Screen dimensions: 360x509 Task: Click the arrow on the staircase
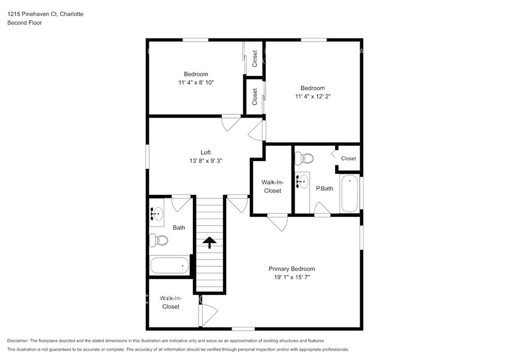[x=209, y=243]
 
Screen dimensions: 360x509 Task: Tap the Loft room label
[x=206, y=152]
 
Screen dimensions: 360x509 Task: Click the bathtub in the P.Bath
[x=349, y=194]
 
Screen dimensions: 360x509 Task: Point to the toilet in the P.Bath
[x=304, y=159]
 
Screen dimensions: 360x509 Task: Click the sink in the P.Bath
[x=302, y=182]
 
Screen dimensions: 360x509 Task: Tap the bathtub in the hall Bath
[x=170, y=266]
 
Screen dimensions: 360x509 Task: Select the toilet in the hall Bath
[x=158, y=241]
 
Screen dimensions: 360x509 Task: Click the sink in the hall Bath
[x=157, y=214]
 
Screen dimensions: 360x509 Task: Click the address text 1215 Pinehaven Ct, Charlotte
[x=45, y=13]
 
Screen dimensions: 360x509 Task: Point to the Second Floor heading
[x=23, y=23]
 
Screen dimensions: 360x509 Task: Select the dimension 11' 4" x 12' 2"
[x=313, y=96]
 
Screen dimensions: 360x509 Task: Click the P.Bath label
[x=324, y=189]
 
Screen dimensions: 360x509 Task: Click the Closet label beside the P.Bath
[x=349, y=159]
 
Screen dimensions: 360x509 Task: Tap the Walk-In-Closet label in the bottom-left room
[x=170, y=302]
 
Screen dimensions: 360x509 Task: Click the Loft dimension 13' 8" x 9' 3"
[x=206, y=161]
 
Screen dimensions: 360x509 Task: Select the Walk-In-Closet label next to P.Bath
[x=272, y=186]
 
